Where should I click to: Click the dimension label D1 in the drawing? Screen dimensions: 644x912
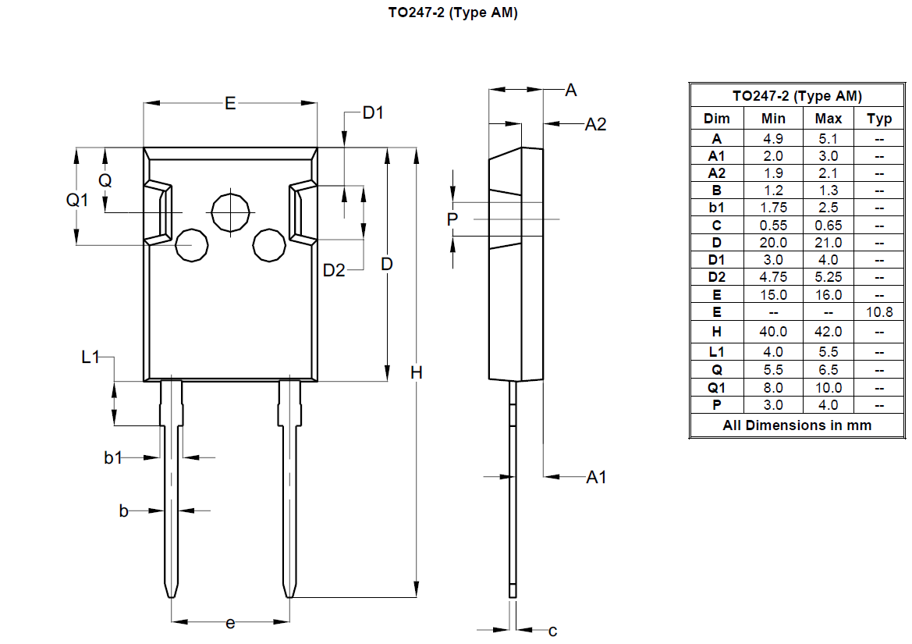(x=373, y=113)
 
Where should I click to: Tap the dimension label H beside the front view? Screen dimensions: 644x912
(x=417, y=373)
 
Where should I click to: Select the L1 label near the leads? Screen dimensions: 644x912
(x=91, y=358)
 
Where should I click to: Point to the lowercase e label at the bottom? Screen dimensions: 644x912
(x=230, y=623)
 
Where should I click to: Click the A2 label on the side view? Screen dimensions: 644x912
(x=595, y=124)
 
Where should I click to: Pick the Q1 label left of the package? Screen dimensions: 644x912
(x=77, y=201)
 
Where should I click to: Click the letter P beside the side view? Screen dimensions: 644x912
(x=452, y=220)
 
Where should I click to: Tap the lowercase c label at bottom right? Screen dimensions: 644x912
(x=552, y=631)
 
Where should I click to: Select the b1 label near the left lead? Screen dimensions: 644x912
(x=113, y=458)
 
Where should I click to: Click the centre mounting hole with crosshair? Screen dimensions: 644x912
(x=232, y=212)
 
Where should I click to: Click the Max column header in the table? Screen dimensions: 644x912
(x=828, y=119)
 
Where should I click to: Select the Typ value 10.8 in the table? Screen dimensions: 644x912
(x=879, y=312)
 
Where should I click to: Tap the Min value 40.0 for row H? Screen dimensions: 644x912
(x=773, y=332)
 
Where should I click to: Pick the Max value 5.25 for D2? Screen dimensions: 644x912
(x=828, y=277)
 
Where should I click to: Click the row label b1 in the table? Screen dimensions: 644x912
(x=716, y=208)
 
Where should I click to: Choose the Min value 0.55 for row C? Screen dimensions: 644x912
(x=773, y=225)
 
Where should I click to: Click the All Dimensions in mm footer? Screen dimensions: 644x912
(x=797, y=425)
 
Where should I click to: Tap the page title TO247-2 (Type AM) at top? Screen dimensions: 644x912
(x=452, y=13)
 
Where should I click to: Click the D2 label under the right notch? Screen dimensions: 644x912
(x=334, y=270)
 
